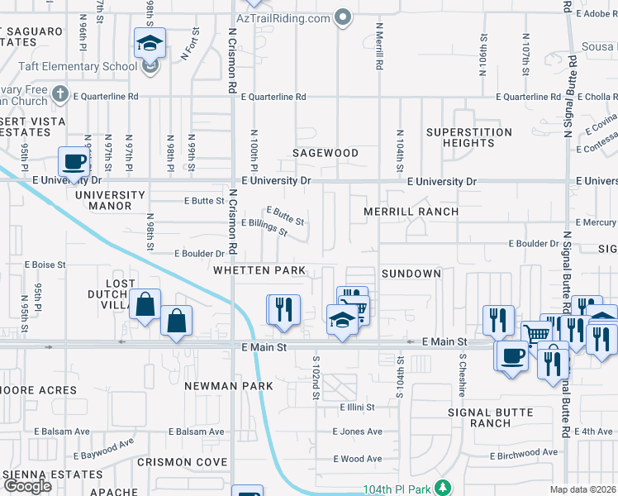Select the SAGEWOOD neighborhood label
[x=326, y=153]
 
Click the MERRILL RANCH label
[x=411, y=212]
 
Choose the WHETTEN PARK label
[x=259, y=270]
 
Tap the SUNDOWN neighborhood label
[x=411, y=273]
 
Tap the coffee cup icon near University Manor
[x=74, y=161]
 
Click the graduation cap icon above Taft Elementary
[x=150, y=42]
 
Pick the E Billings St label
[x=264, y=227]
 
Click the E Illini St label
[x=357, y=407]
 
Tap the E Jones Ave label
[x=357, y=432]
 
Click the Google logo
[x=27, y=486]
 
